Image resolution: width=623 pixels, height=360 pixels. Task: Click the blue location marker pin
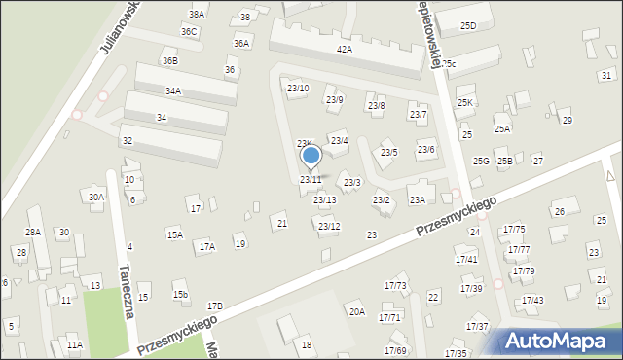point(311,156)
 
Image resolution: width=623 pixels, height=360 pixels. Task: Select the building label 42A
point(344,48)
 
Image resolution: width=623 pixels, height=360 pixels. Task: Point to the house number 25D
point(468,25)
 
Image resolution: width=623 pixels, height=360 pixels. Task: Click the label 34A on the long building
point(173,90)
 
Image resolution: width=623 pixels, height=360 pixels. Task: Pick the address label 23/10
point(298,89)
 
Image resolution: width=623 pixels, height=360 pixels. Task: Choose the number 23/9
point(334,99)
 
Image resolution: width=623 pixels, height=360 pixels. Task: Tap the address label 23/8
point(376,105)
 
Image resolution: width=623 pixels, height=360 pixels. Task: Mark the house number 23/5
point(388,152)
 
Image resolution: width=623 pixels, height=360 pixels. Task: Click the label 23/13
point(325,199)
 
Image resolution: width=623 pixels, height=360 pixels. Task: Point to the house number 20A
point(357,311)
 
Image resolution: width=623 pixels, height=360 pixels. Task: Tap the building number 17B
point(214,306)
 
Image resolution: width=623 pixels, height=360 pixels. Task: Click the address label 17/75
point(514,229)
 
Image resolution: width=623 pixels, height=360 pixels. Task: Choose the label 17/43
point(532,300)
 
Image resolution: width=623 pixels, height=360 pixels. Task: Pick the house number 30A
point(95,197)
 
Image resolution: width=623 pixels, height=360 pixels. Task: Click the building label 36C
point(189,31)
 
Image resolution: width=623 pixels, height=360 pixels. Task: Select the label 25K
point(465,102)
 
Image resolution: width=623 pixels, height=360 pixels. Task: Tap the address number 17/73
point(395,285)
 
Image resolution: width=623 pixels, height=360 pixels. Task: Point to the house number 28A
point(33,232)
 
